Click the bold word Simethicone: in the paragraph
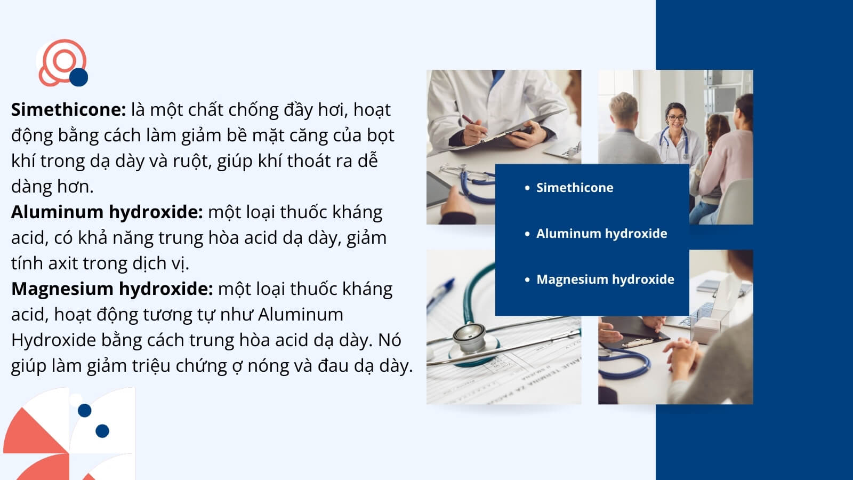tap(69, 110)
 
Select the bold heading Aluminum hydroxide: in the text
tap(107, 212)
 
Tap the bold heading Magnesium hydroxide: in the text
tap(112, 289)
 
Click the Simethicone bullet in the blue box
tap(575, 187)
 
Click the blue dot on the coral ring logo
tap(79, 77)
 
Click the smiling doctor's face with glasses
tap(677, 118)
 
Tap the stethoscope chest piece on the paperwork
tap(470, 337)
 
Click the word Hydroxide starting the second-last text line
tap(53, 340)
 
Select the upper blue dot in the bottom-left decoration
tap(85, 410)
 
